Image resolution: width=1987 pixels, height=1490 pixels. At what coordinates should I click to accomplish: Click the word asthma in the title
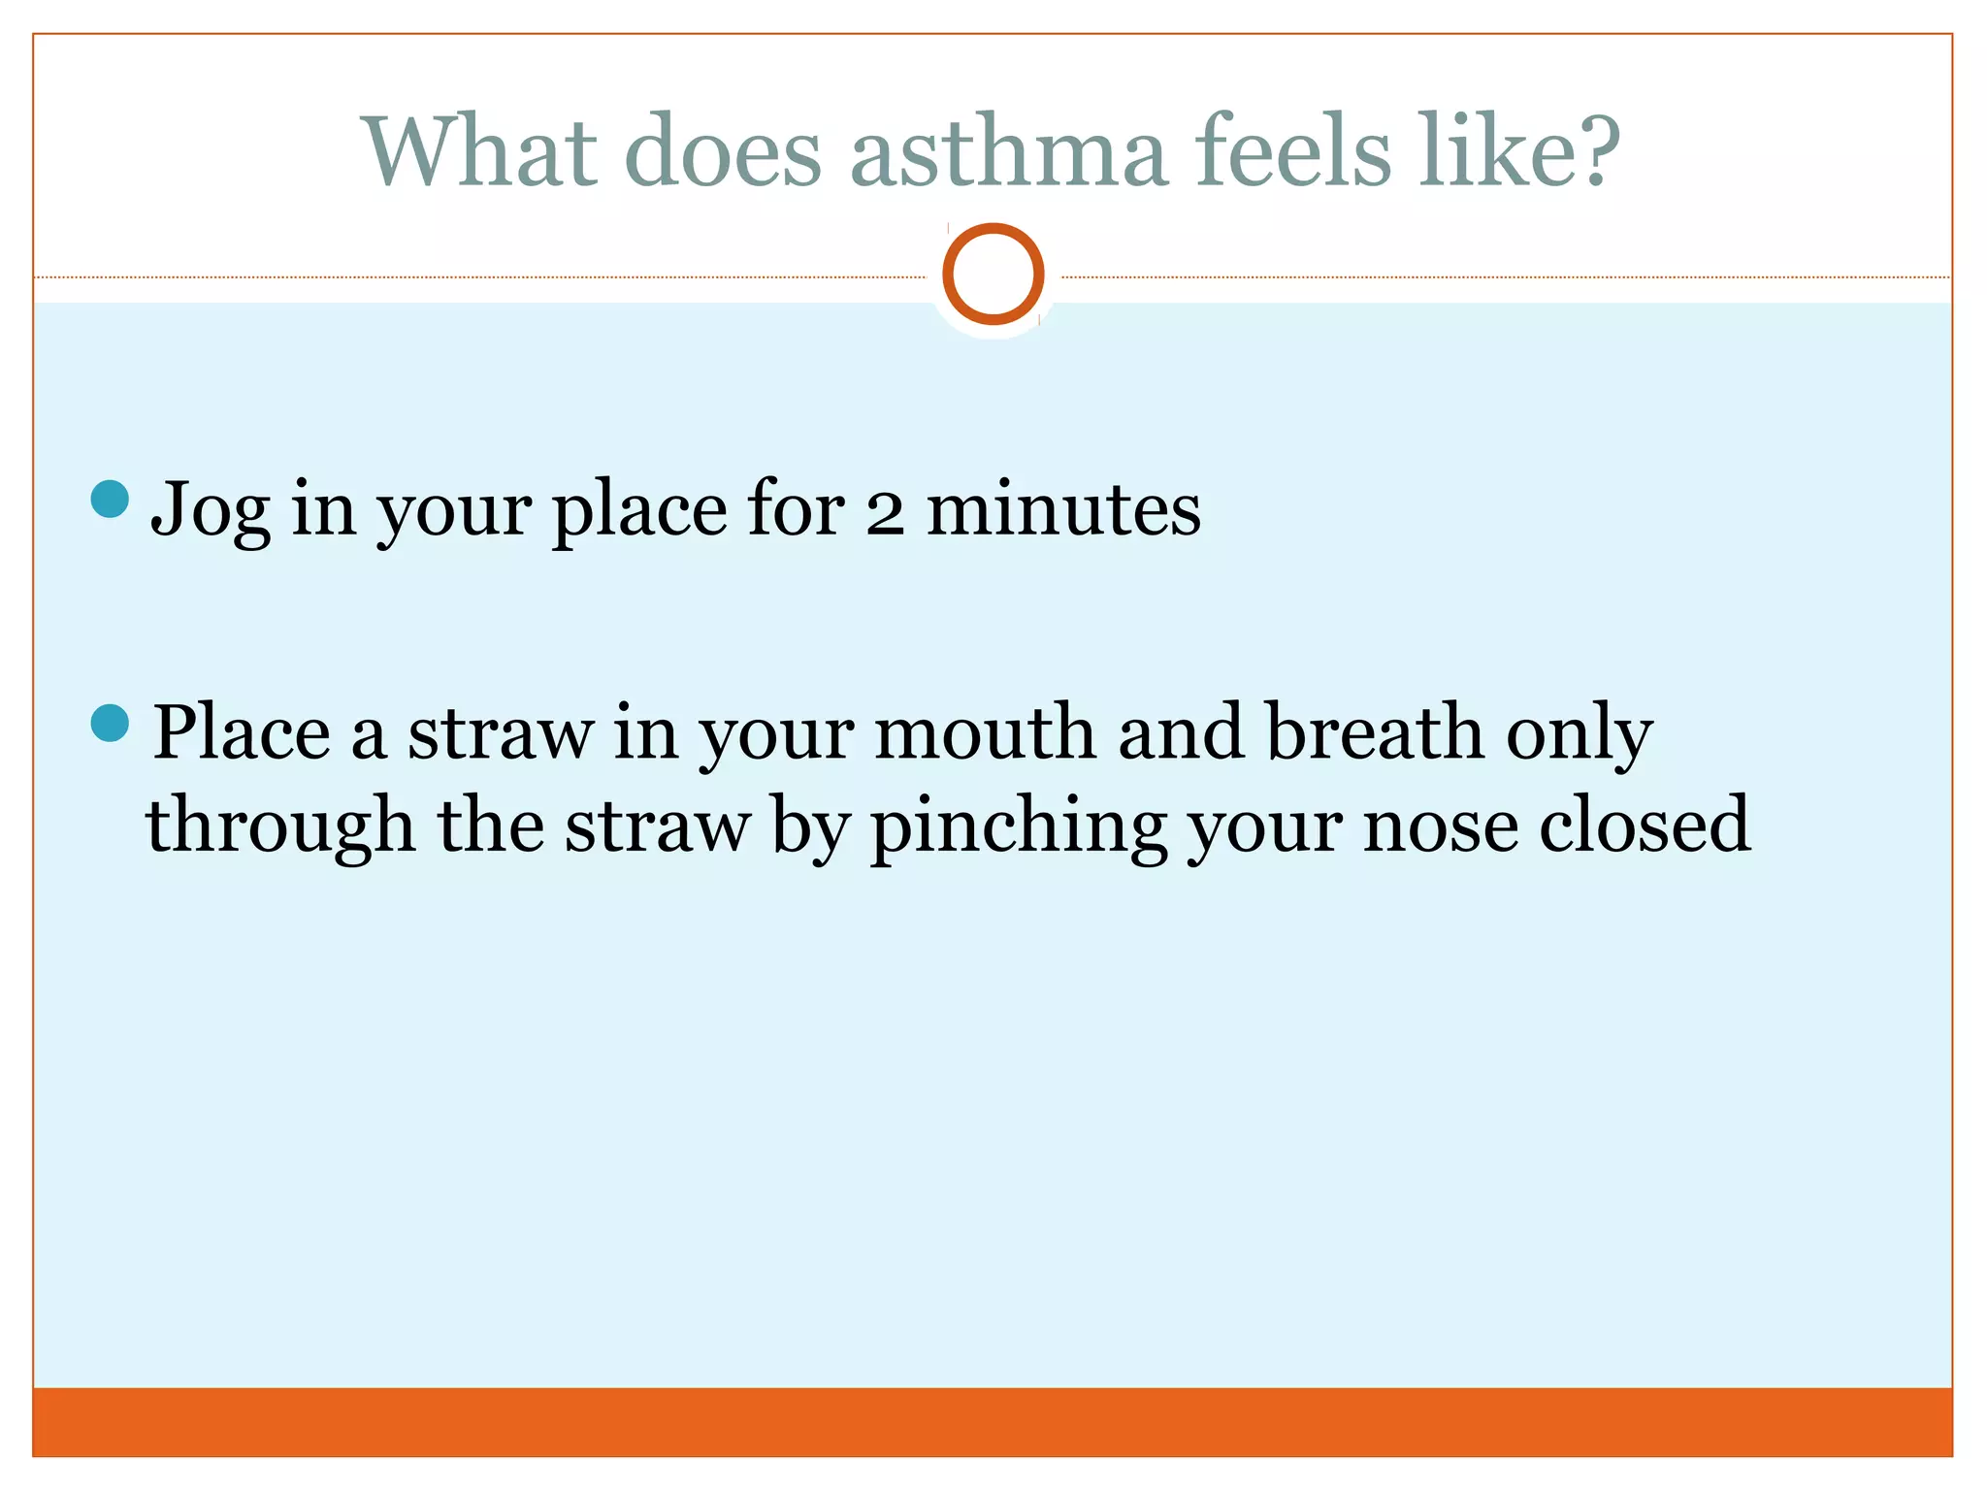[1008, 152]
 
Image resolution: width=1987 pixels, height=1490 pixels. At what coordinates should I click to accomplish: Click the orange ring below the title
[993, 274]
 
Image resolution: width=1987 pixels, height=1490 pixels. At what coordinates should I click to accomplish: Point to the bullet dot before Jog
[110, 499]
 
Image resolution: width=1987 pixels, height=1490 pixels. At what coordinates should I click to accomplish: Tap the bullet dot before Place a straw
[110, 723]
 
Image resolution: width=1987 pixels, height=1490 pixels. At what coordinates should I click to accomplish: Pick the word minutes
[1063, 508]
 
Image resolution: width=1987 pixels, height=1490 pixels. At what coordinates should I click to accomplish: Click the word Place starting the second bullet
[242, 733]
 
